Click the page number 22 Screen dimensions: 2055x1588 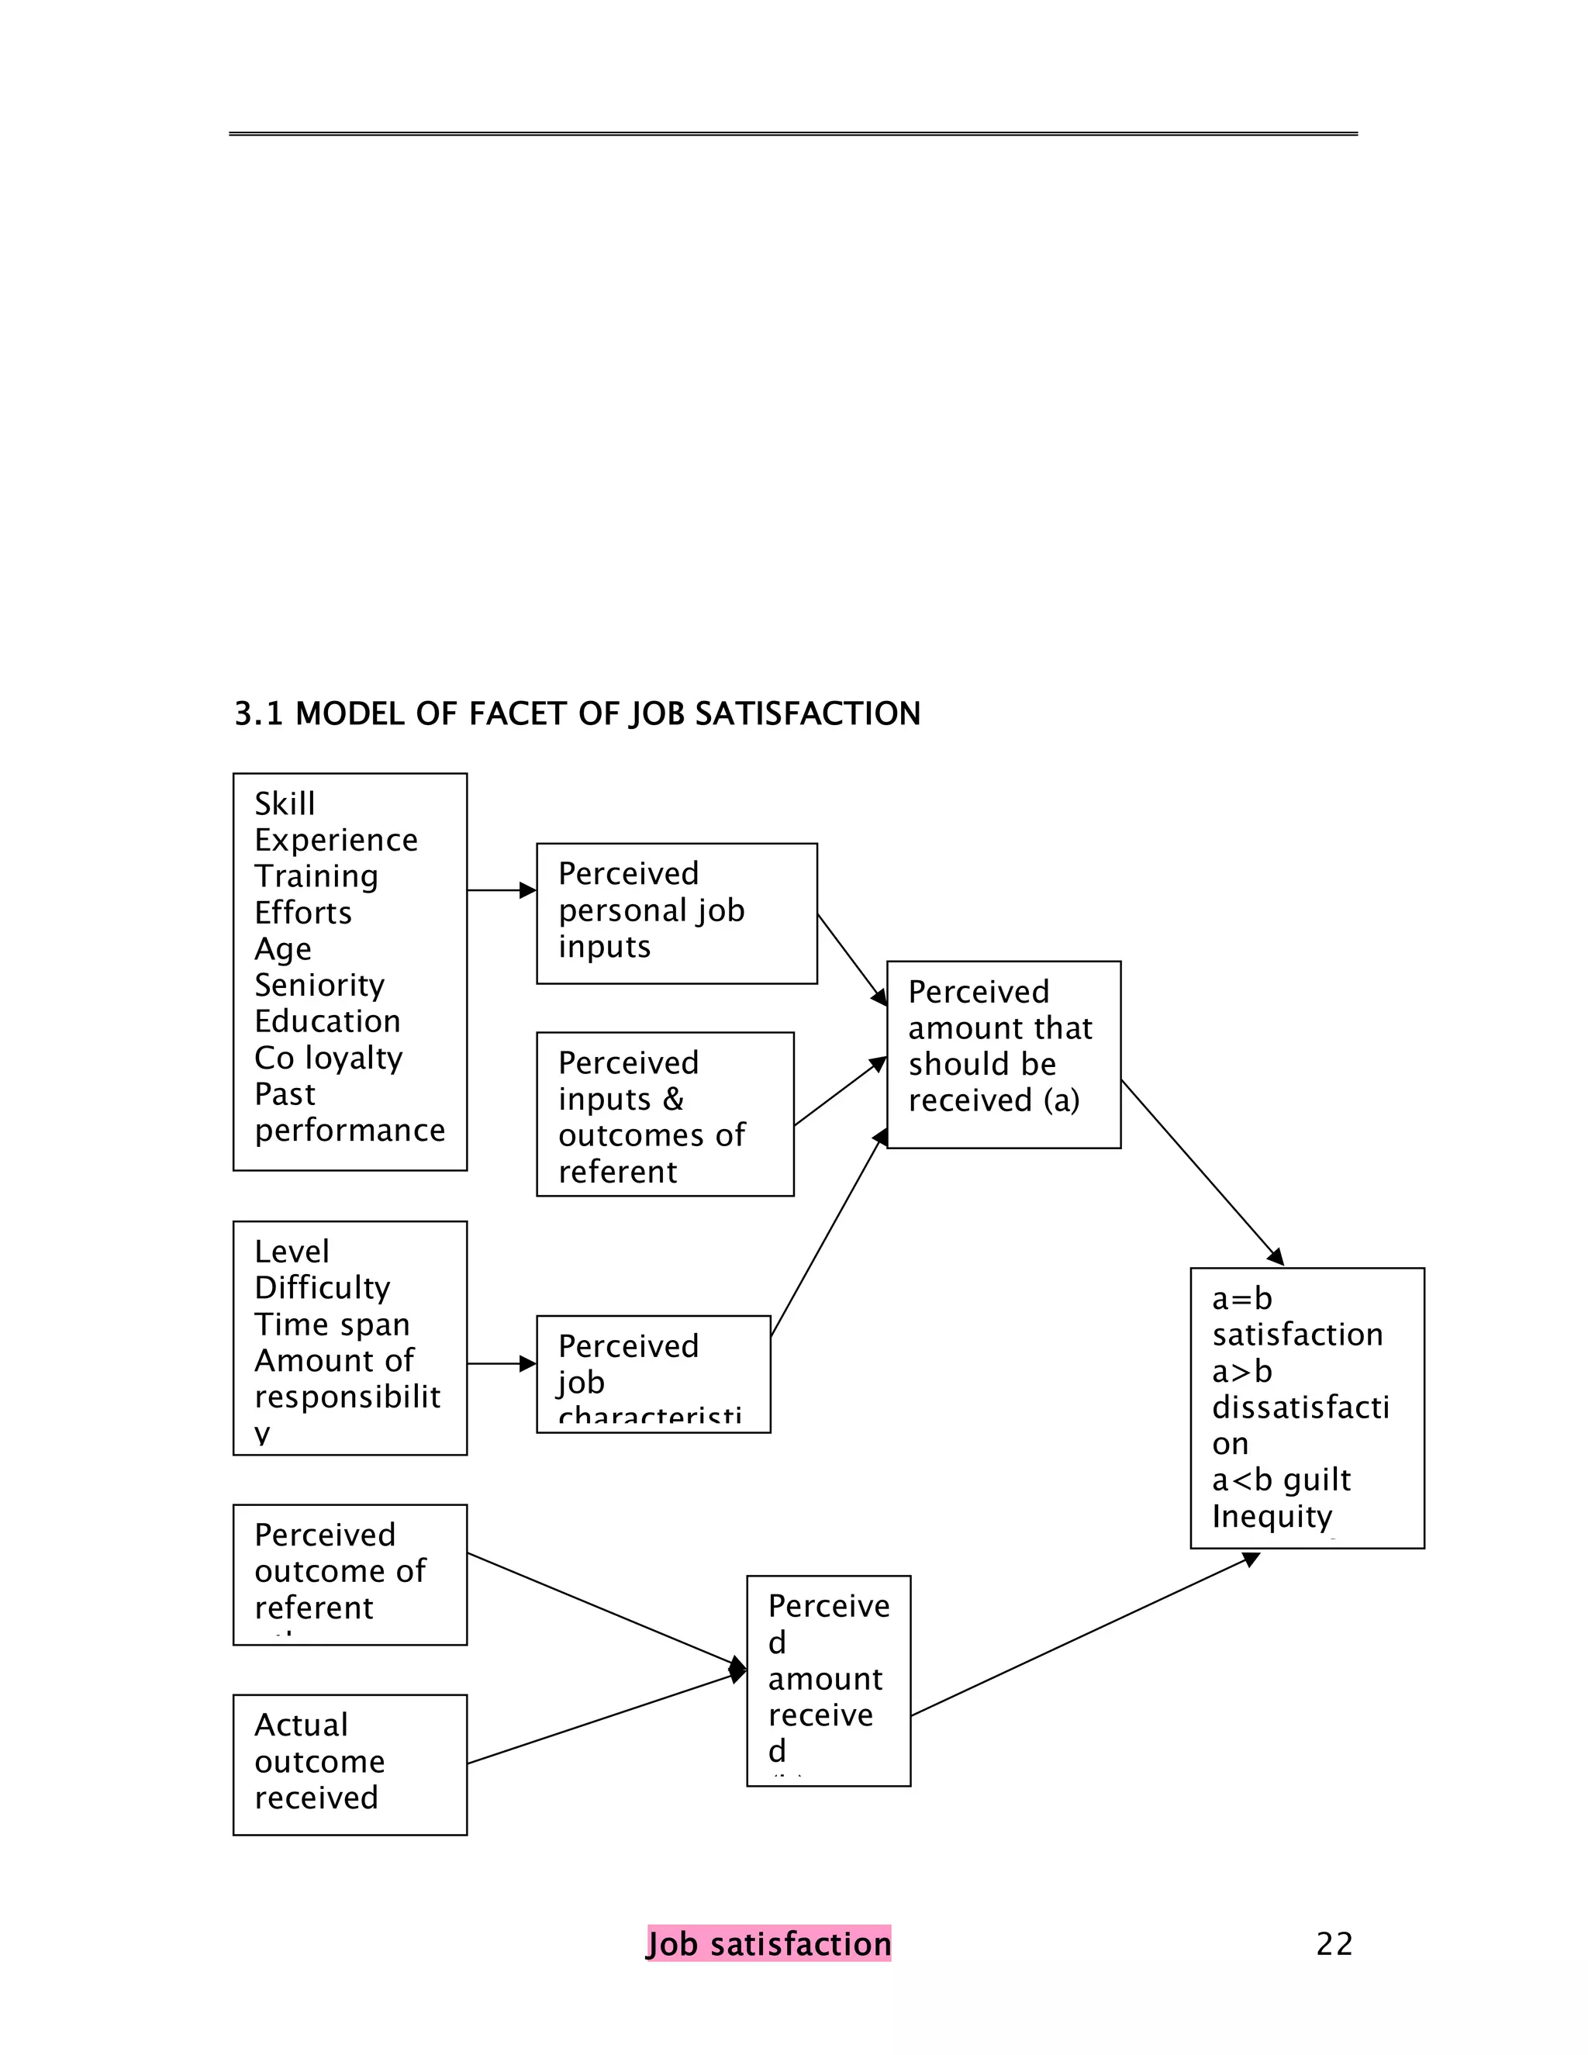click(x=1334, y=1944)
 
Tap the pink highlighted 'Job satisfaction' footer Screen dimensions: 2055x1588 click(x=768, y=1944)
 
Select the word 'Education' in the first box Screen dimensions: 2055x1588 click(x=327, y=1022)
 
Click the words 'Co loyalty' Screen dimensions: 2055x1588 click(x=328, y=1059)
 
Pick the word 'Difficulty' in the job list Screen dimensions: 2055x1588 click(x=322, y=1288)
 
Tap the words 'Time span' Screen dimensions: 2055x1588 click(x=332, y=1325)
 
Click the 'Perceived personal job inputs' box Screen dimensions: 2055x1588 click(x=676, y=914)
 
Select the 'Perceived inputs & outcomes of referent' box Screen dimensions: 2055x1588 click(x=665, y=1115)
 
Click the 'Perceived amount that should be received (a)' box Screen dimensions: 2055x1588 click(x=1003, y=1055)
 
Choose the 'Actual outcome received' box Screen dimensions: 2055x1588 click(x=350, y=1765)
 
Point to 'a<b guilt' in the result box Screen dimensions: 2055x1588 click(x=1281, y=1481)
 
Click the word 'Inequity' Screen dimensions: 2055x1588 click(x=1272, y=1517)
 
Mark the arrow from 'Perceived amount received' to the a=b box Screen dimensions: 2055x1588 click(x=1082, y=1636)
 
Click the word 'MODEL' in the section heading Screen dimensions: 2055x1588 click(x=349, y=714)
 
